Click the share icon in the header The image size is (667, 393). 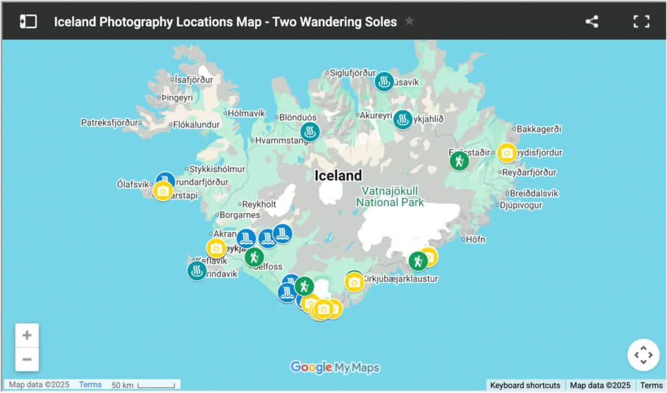coord(591,22)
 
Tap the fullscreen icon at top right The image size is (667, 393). coord(642,22)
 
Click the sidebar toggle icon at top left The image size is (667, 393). coord(28,22)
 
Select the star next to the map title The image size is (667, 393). coord(409,21)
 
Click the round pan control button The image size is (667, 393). coord(643,355)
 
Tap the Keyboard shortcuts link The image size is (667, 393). coord(525,385)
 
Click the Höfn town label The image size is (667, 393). coord(475,239)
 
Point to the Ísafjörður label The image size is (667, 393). coord(193,80)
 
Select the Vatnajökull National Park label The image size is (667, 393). coord(390,196)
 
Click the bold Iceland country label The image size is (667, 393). coord(338,175)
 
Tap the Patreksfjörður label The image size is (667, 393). coord(110,122)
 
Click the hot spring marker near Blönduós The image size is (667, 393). coord(310,132)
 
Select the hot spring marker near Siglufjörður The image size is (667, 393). coord(384,81)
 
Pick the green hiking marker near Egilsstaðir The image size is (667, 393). coord(459,160)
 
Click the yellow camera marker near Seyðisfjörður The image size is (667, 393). coord(507,153)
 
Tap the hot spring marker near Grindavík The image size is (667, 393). coord(197,270)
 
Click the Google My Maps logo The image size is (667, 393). coord(335,368)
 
